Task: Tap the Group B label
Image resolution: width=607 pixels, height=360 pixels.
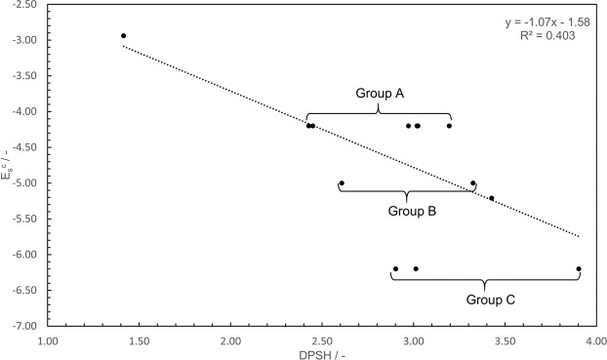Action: tap(412, 210)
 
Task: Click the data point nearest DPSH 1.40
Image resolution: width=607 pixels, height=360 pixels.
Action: tap(123, 36)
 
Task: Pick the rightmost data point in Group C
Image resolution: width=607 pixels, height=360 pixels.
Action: tap(579, 268)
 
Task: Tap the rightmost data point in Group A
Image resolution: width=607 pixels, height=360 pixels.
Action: tap(449, 126)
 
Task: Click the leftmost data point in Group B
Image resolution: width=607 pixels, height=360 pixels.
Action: tap(342, 182)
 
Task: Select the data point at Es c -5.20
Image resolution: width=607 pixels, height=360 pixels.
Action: tap(492, 198)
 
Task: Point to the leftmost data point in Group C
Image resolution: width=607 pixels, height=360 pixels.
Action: tap(395, 268)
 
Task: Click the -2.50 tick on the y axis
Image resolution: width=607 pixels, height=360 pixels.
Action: tap(23, 5)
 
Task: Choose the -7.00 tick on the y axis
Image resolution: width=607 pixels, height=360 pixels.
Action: tap(23, 326)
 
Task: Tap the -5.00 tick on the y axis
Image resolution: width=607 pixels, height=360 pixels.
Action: tap(23, 183)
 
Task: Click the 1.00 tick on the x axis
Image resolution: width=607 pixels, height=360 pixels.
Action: tap(49, 340)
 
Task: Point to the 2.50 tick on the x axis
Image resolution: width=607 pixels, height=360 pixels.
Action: tap(322, 340)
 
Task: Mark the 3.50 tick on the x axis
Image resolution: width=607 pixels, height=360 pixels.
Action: tap(505, 340)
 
